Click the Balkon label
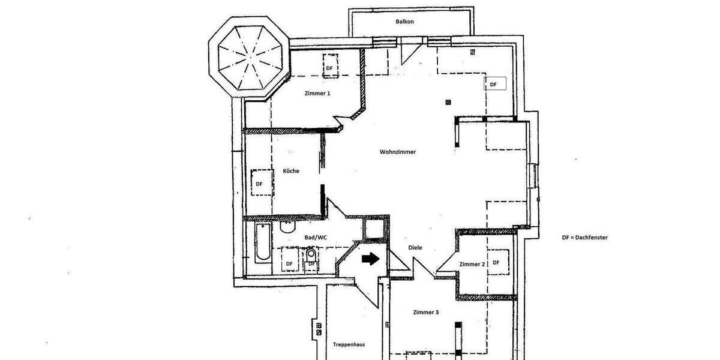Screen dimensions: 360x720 click(405, 22)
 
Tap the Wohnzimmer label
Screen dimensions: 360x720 click(398, 152)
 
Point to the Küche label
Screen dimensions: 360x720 click(291, 171)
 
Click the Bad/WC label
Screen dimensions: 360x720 click(316, 238)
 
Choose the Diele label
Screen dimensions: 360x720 click(415, 247)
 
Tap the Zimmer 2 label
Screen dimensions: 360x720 click(472, 264)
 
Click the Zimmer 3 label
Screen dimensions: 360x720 click(426, 313)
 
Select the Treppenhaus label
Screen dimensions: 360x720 click(349, 344)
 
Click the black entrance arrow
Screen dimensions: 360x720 click(370, 259)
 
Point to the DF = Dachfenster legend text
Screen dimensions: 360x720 click(585, 238)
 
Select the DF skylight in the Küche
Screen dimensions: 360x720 click(260, 184)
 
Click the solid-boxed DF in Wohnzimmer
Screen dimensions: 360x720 click(495, 85)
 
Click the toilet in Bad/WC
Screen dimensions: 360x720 click(287, 227)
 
